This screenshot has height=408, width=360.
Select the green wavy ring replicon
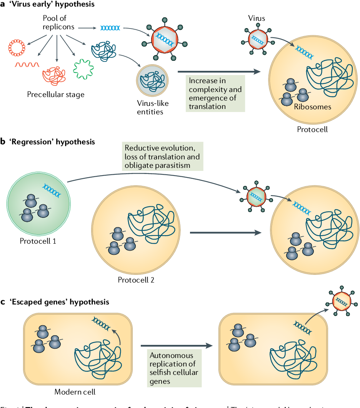[83, 69]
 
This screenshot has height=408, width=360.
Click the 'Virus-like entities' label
[152, 107]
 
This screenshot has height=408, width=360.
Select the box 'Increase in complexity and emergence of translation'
[215, 94]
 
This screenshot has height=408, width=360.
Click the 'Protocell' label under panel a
[312, 130]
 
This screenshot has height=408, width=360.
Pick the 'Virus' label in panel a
[257, 18]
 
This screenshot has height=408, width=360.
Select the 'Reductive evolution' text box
[162, 156]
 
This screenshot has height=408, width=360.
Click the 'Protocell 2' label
[136, 279]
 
